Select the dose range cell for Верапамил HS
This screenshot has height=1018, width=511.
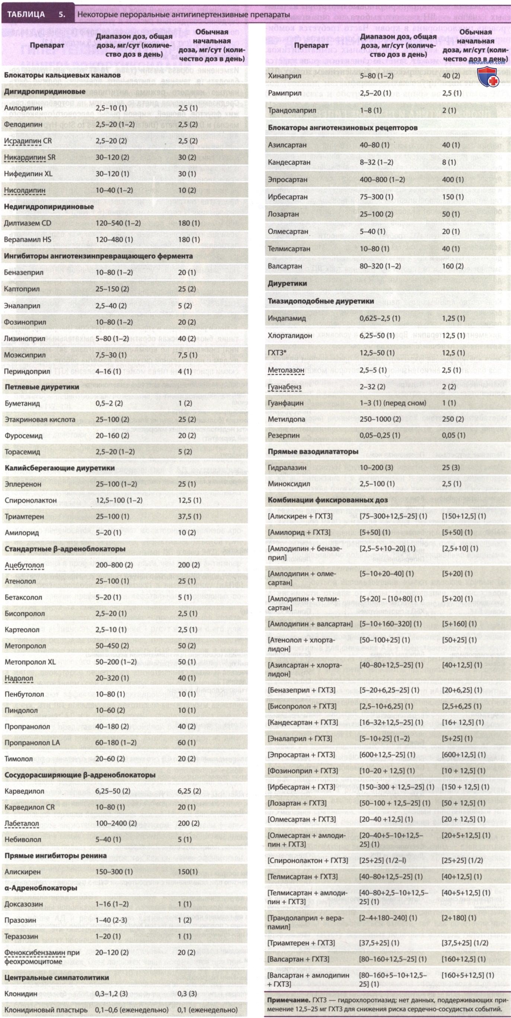(x=114, y=240)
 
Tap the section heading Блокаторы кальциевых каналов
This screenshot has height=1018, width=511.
(x=62, y=75)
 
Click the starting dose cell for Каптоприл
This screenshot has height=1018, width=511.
(x=187, y=289)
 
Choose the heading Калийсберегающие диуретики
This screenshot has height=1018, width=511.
(x=60, y=468)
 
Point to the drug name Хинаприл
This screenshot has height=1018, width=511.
(x=284, y=76)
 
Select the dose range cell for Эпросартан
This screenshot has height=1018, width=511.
(x=382, y=179)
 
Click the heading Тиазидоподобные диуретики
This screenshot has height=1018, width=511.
(x=321, y=301)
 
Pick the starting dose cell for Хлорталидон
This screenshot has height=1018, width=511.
(x=453, y=335)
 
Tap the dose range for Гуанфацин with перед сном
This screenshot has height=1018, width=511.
(x=393, y=403)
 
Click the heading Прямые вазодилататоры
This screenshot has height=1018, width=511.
(x=313, y=451)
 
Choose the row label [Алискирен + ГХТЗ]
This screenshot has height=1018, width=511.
(x=300, y=516)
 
